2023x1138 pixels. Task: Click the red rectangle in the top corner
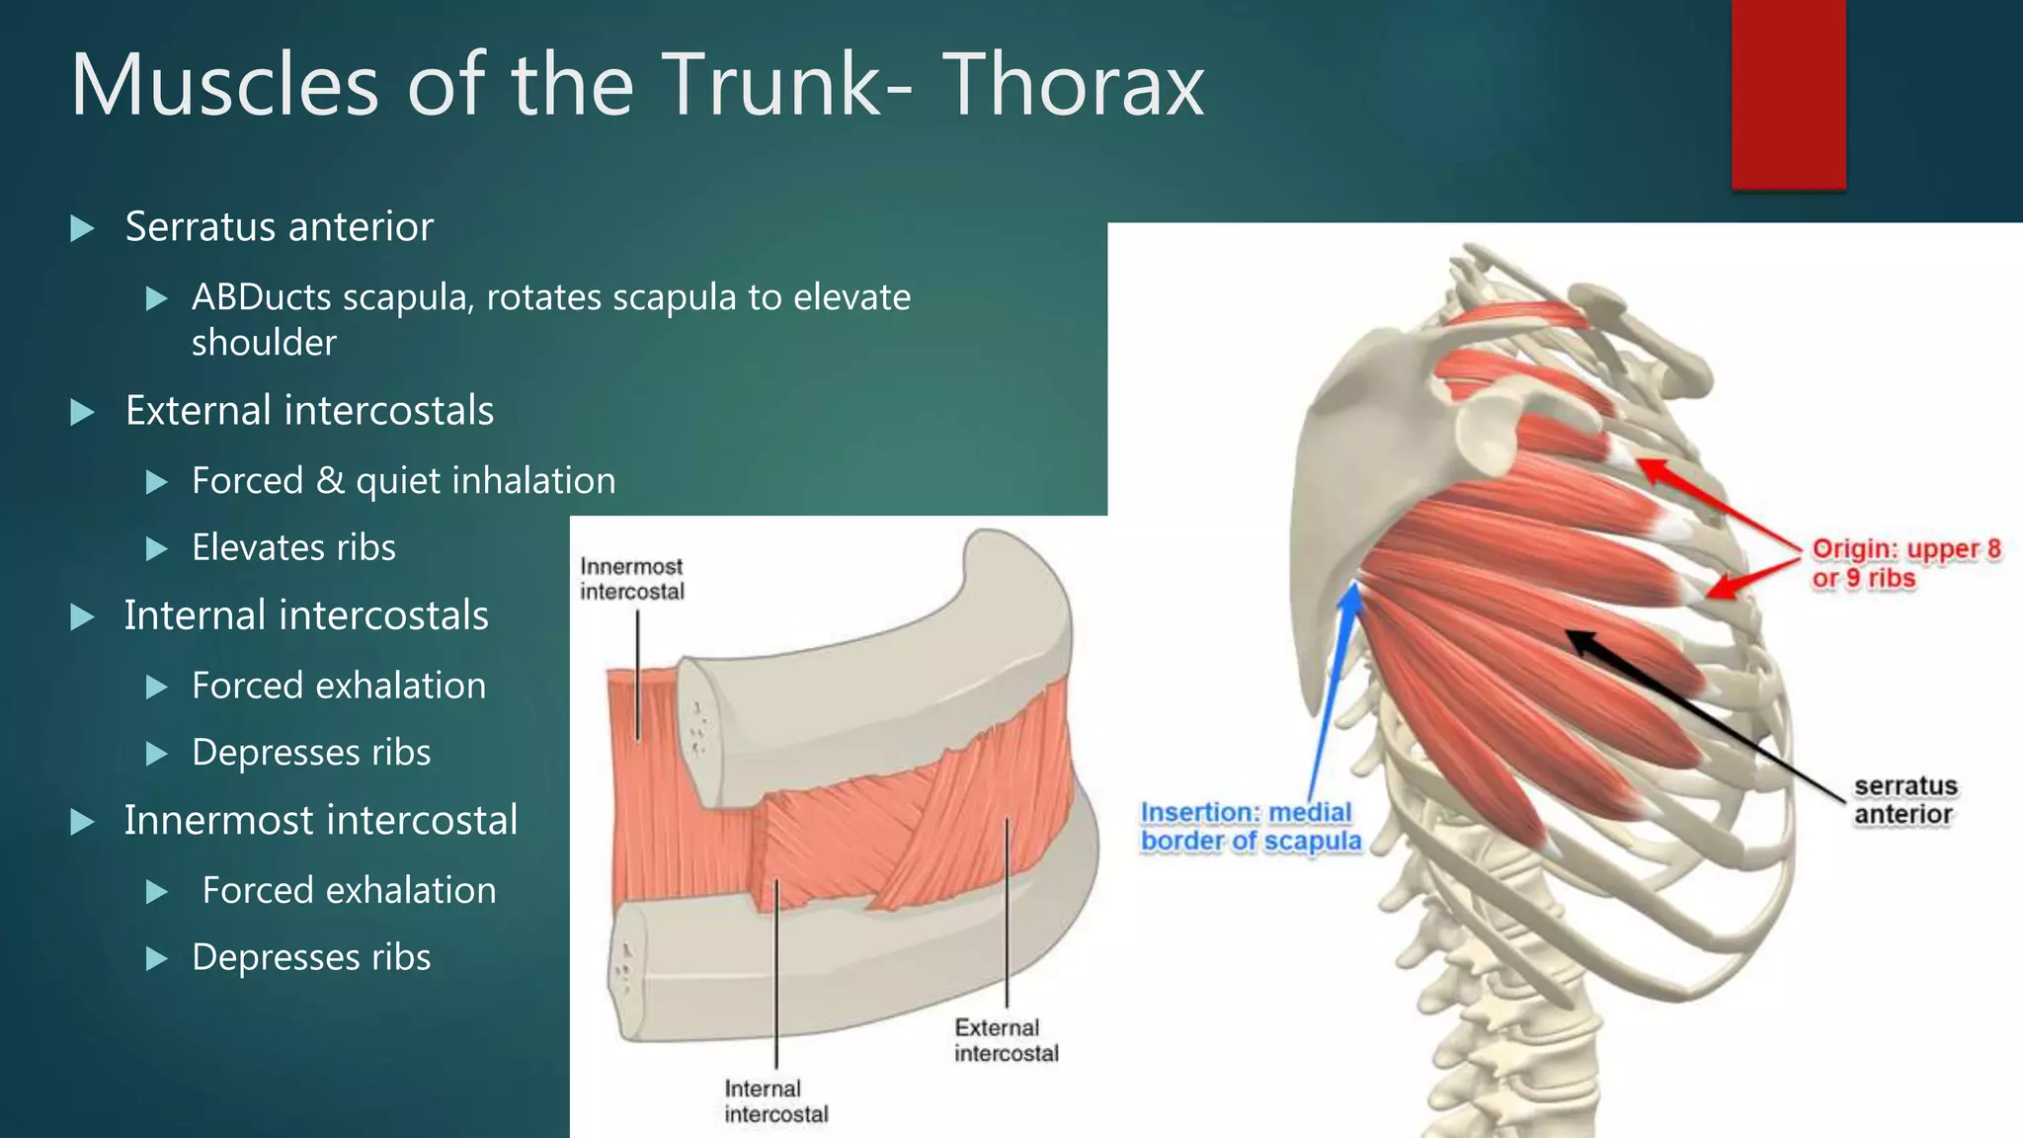pos(1788,94)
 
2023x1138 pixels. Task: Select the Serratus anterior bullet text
pos(279,227)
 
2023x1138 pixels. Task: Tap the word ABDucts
pos(261,297)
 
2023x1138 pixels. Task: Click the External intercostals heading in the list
pos(309,411)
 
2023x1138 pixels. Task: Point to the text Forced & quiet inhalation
pos(403,481)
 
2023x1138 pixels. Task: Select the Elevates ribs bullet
pos(293,548)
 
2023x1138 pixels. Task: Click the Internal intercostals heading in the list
pos(306,615)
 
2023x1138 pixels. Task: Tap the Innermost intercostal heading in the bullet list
pos(320,820)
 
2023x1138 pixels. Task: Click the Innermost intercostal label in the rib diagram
pos(631,579)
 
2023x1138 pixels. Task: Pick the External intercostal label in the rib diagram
pos(1006,1040)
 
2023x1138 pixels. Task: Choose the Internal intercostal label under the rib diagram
pos(775,1100)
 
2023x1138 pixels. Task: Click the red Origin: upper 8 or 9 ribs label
pos(1905,563)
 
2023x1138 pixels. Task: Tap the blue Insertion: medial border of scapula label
pos(1250,826)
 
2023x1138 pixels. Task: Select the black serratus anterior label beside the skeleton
pos(1904,800)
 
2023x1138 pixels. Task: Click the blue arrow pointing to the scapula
pos(1333,691)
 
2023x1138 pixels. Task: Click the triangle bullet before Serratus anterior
pos(83,229)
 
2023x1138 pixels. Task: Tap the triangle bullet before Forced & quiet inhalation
pos(156,482)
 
